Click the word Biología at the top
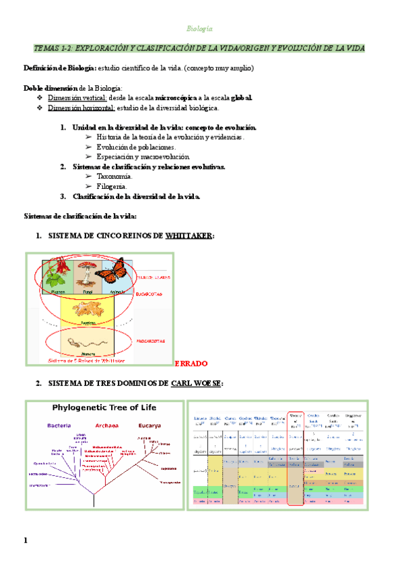[199, 29]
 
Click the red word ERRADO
[191, 363]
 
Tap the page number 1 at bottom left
[26, 540]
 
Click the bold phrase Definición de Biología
[59, 69]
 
